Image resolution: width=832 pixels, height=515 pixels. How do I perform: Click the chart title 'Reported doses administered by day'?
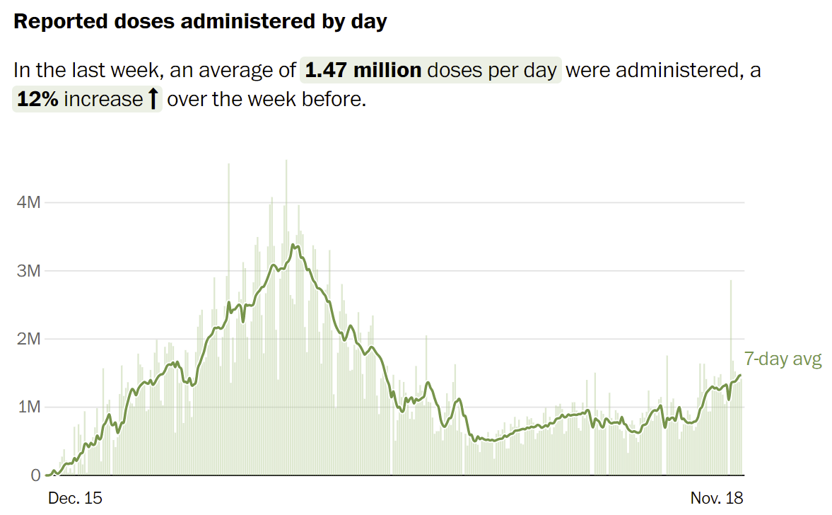coord(200,21)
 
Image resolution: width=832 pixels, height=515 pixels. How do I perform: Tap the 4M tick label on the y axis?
coord(28,202)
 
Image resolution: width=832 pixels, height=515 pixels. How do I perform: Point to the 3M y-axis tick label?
coord(28,271)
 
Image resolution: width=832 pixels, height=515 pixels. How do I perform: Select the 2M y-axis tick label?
coord(28,339)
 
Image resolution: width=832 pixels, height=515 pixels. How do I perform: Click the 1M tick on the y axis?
coord(28,407)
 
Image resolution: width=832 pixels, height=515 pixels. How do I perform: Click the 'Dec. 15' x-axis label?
coord(75,498)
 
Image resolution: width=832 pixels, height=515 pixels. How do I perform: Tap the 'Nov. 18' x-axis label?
coord(717,498)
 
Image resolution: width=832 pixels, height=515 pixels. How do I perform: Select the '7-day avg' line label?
coord(783,359)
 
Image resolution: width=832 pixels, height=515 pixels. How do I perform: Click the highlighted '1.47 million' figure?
coord(363,71)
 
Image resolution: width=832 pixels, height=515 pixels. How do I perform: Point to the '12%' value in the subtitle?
coord(37,99)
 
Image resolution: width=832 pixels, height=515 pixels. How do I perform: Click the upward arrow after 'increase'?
coord(153,99)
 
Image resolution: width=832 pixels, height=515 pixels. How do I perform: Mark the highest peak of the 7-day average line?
coord(295,245)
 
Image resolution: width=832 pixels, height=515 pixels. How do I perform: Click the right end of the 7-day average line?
coord(740,375)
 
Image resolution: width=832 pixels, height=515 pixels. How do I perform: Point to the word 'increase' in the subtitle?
coord(103,99)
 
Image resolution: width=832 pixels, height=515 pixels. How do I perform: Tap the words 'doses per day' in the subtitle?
coord(492,71)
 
